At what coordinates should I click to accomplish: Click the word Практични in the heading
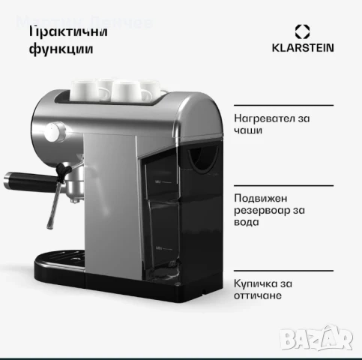(68, 31)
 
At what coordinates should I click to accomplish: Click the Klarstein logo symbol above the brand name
(302, 31)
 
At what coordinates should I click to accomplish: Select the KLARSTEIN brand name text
(302, 48)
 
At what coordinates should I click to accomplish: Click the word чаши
(247, 130)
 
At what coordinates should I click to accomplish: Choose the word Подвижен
(259, 198)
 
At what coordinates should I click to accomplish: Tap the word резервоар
(259, 210)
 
